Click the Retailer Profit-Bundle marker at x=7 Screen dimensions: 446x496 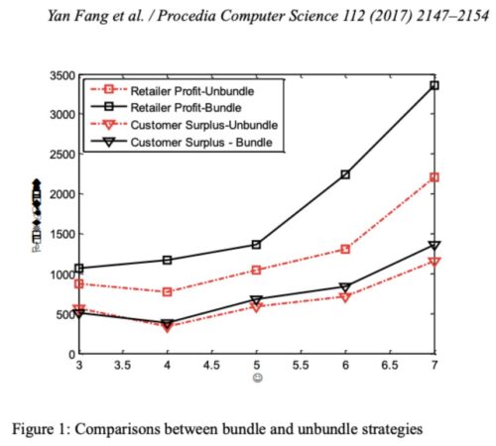coord(434,86)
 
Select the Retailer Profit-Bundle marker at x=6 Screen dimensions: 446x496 coord(345,174)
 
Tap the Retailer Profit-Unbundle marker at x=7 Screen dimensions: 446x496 coord(434,177)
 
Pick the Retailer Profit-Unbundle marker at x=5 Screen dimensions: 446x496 coord(257,270)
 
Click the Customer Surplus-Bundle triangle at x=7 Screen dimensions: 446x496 coord(434,245)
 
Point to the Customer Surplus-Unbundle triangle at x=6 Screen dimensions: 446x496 coord(345,296)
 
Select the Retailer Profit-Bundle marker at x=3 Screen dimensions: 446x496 coord(80,268)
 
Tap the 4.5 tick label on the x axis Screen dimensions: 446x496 coord(212,366)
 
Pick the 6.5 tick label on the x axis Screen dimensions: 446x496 coord(389,366)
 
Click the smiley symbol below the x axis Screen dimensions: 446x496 coord(257,380)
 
